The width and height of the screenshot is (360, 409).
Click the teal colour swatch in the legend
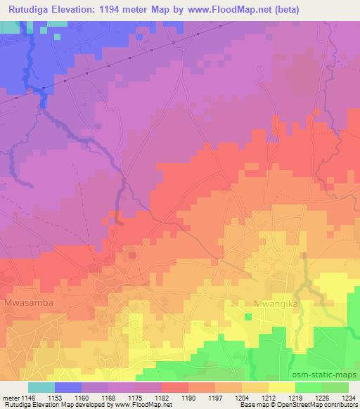[41, 387]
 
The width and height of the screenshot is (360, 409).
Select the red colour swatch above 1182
[175, 387]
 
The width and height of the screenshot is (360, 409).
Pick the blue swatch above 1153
[68, 387]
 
